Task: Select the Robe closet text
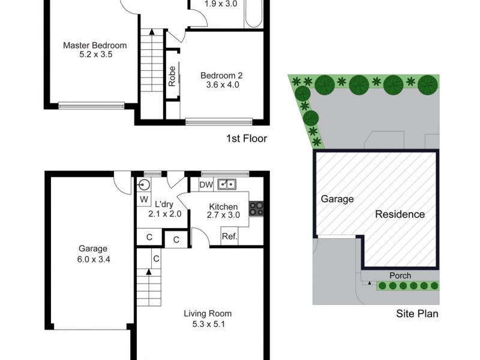172,77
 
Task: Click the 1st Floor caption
246,139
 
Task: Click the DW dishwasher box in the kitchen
205,185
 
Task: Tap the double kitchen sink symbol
227,185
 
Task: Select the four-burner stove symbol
256,208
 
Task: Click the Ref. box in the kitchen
229,236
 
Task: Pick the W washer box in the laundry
144,199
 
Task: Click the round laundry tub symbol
145,185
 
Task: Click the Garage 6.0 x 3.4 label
92,253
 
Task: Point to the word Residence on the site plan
400,214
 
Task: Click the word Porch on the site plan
400,276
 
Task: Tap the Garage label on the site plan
337,199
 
